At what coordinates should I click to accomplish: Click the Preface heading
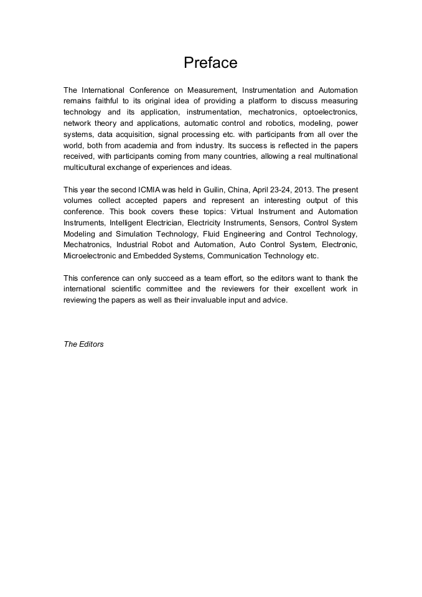210,63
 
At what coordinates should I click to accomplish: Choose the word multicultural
87,168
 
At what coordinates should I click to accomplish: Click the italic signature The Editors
83,344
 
